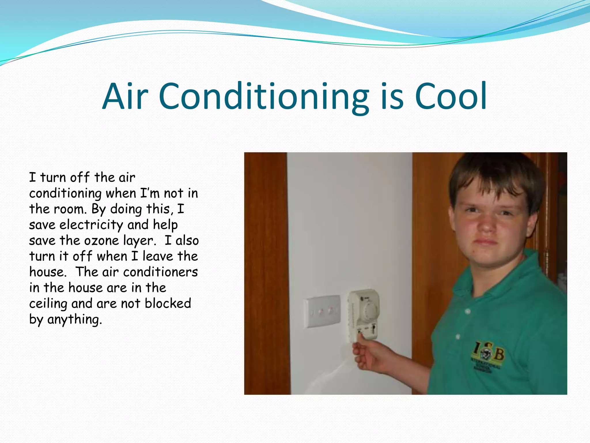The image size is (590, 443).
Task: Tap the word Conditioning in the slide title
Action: click(x=263, y=97)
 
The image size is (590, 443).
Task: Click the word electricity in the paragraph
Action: click(x=91, y=225)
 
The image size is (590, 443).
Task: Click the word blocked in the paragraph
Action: click(x=168, y=303)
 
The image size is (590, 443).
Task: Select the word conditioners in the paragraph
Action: click(x=160, y=272)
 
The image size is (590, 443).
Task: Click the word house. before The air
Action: click(x=48, y=272)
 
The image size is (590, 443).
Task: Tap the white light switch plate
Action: click(x=322, y=311)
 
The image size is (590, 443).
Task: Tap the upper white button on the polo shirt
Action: click(x=467, y=311)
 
